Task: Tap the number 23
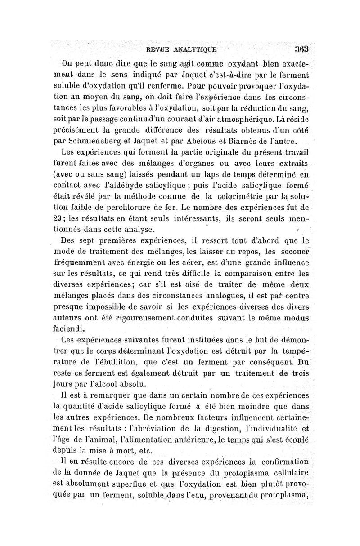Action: (60, 219)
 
